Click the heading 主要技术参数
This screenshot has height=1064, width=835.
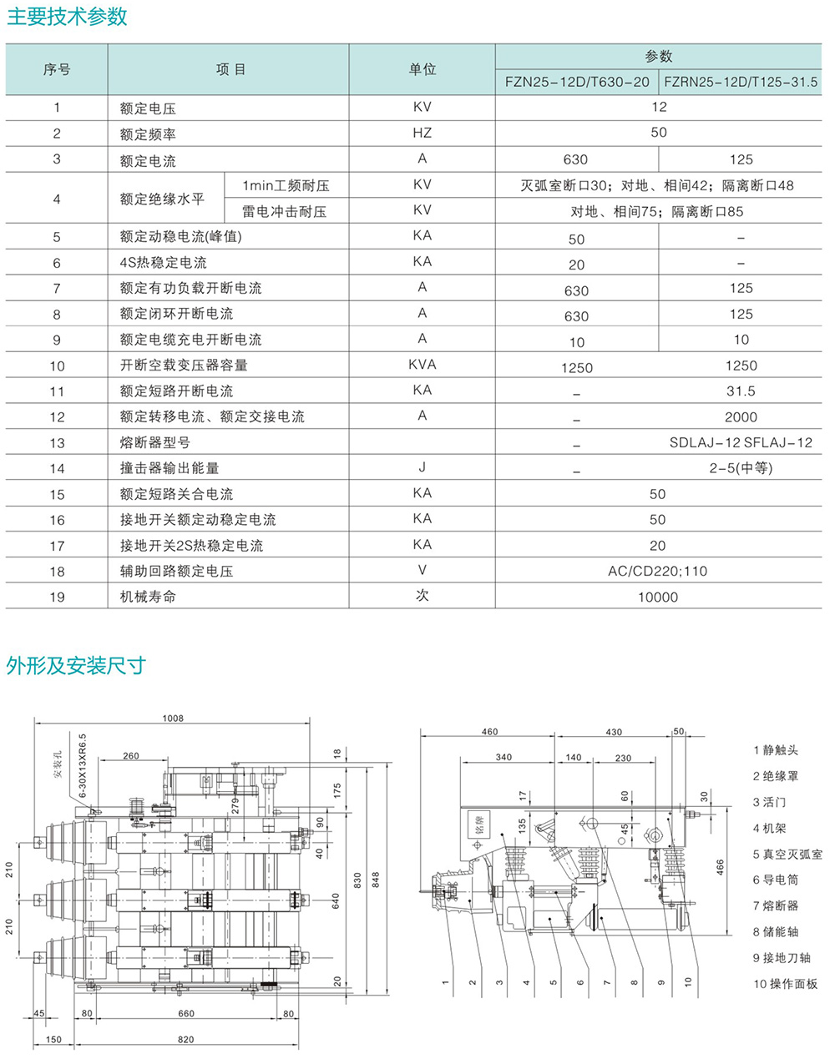(68, 18)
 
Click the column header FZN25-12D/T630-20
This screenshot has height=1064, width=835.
(577, 82)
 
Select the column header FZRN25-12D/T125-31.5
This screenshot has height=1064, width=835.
(741, 82)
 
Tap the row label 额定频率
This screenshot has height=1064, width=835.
(148, 134)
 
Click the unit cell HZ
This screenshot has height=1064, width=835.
(422, 133)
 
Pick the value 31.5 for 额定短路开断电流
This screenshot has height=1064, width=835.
(741, 391)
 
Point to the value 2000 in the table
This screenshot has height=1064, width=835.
(741, 416)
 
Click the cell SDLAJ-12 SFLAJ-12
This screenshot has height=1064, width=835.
(741, 442)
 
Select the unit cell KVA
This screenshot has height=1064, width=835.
(422, 365)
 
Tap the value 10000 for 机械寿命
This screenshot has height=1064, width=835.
(658, 597)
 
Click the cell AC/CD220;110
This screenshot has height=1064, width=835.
(658, 571)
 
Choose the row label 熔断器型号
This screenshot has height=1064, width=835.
(155, 442)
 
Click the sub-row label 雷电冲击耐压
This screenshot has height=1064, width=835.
(284, 211)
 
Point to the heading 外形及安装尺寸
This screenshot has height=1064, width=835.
(76, 665)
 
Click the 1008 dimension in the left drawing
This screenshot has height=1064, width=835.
(173, 718)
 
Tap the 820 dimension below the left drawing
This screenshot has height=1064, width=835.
(185, 1039)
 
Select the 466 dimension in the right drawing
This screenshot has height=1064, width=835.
(720, 867)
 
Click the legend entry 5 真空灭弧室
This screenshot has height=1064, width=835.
(787, 854)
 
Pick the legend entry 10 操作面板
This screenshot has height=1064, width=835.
(785, 984)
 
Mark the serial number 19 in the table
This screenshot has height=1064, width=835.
(57, 597)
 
